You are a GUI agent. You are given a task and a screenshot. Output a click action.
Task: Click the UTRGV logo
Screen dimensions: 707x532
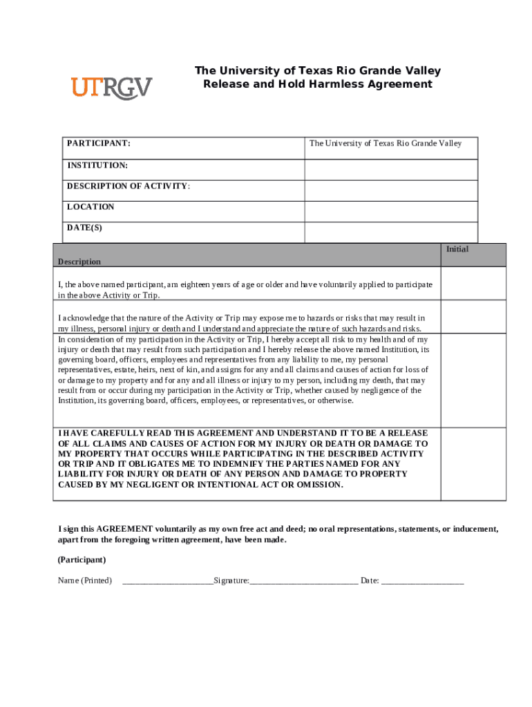pyautogui.click(x=111, y=88)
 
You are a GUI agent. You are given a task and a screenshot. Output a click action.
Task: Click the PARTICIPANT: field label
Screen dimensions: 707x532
pyautogui.click(x=99, y=144)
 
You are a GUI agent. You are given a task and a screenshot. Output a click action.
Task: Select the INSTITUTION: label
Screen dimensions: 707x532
pyautogui.click(x=97, y=166)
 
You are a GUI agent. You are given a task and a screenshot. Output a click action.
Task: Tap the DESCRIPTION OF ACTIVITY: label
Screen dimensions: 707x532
pyautogui.click(x=129, y=186)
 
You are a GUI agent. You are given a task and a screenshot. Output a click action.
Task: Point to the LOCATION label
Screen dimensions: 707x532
pyautogui.click(x=91, y=207)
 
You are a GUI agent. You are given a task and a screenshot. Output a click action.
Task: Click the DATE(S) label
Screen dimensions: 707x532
pyautogui.click(x=84, y=228)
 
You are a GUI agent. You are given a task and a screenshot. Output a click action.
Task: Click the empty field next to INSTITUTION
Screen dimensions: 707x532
pyautogui.click(x=390, y=169)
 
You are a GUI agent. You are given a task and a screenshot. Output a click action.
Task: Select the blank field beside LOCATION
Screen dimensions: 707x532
pyautogui.click(x=390, y=211)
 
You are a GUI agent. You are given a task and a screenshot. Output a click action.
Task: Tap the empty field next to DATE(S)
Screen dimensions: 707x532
pyautogui.click(x=390, y=231)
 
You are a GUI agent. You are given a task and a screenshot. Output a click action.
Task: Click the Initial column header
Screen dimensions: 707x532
pyautogui.click(x=457, y=249)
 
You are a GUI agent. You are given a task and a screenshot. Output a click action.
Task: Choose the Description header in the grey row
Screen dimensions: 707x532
pyautogui.click(x=79, y=262)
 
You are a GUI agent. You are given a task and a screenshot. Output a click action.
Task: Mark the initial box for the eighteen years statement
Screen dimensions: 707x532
pyautogui.click(x=473, y=284)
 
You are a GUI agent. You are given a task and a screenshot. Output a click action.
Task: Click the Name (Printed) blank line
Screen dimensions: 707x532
pyautogui.click(x=168, y=581)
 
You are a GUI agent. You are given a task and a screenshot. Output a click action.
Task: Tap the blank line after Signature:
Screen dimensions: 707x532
pyautogui.click(x=303, y=581)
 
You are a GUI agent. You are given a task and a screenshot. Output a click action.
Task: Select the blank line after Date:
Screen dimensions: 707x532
pyautogui.click(x=422, y=581)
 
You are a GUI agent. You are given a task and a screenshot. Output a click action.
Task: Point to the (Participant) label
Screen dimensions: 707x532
pyautogui.click(x=82, y=559)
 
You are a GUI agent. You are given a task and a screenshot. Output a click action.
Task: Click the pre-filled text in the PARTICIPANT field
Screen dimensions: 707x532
pyautogui.click(x=386, y=144)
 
